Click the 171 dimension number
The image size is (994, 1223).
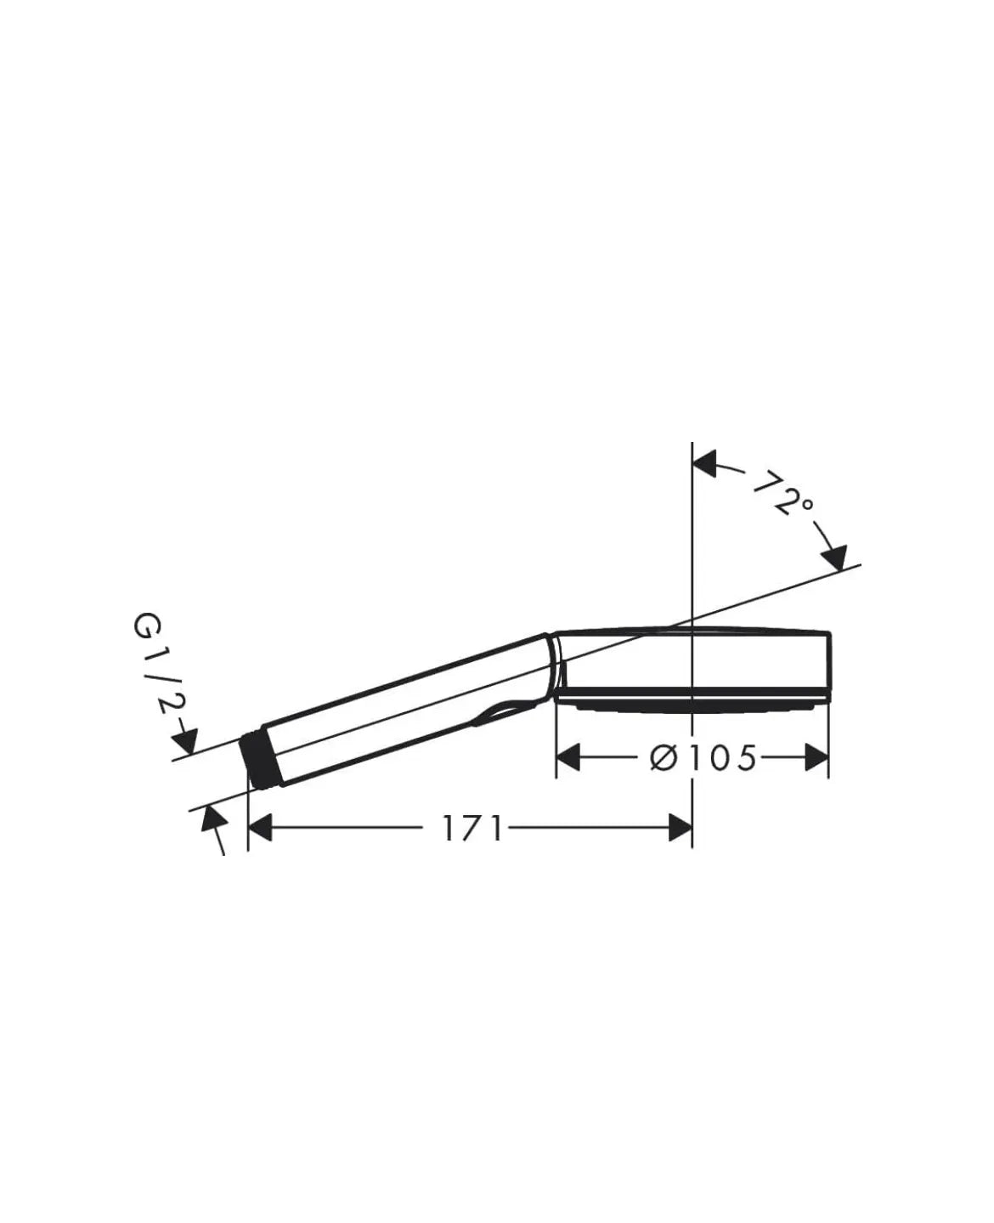(473, 829)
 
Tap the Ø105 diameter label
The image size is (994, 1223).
(703, 758)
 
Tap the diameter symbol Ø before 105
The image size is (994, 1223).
(664, 758)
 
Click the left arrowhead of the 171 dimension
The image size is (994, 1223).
(259, 829)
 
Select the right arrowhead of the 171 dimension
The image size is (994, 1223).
(681, 829)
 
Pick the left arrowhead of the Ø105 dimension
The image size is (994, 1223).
(568, 757)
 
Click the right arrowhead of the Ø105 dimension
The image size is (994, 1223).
(816, 757)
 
